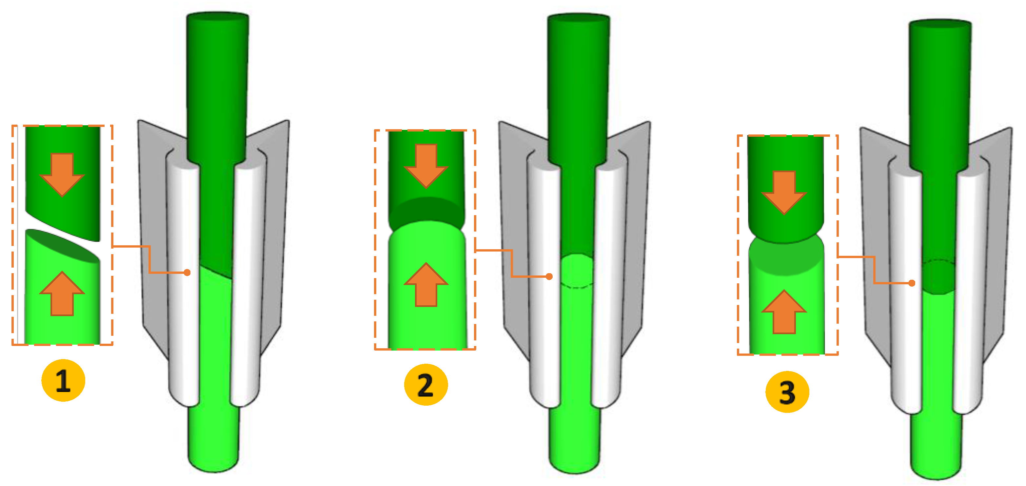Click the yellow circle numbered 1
[63, 380]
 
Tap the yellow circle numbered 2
[426, 385]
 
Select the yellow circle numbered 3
[787, 392]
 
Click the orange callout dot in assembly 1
[187, 273]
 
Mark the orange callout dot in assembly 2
[549, 276]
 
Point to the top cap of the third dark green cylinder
[940, 24]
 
